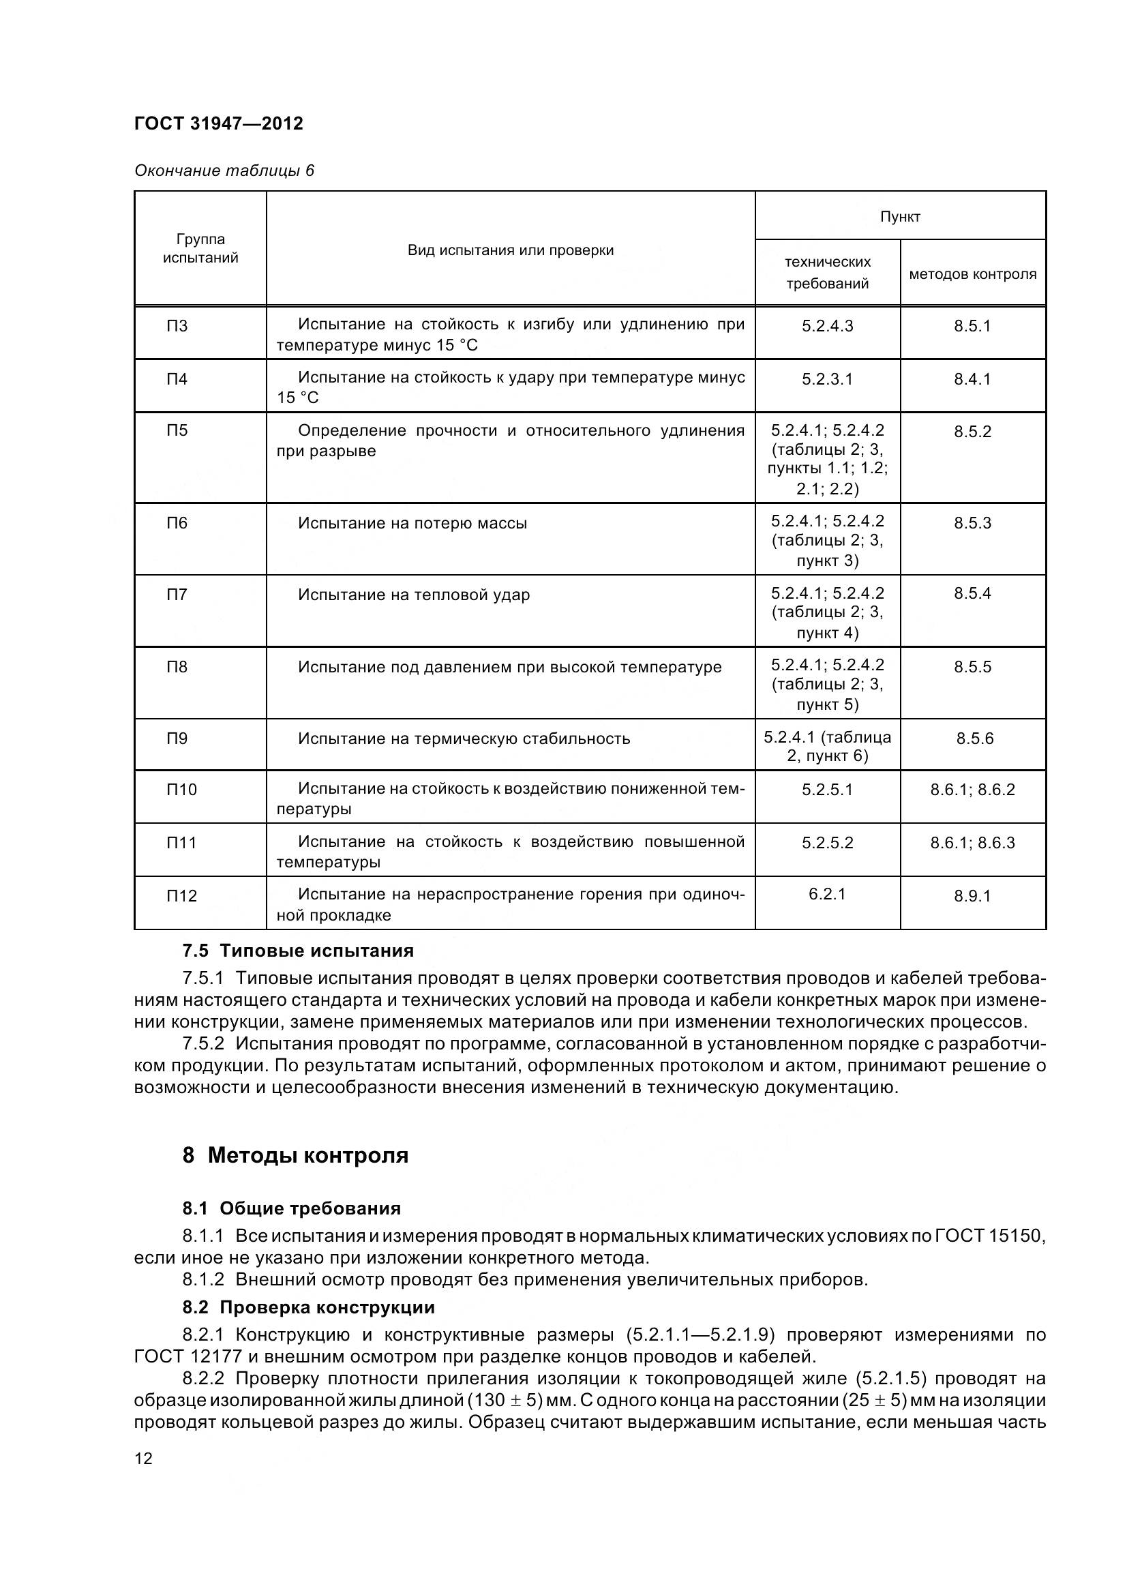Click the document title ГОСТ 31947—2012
pos(218,123)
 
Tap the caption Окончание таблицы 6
pos(224,171)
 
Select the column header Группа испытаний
pos(200,249)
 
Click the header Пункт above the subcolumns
pos(900,217)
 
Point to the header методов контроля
pos(972,274)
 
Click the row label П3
pos(177,326)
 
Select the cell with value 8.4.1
pos(972,379)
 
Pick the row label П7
pos(177,595)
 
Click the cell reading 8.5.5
pos(972,667)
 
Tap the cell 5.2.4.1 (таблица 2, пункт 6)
pos(827,746)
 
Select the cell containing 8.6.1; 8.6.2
pos(972,790)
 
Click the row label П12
pos(181,896)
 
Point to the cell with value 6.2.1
pos(827,894)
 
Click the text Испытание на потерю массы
pos(412,523)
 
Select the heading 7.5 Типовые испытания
pos(298,951)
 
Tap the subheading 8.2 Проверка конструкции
pos(308,1307)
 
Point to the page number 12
pos(143,1458)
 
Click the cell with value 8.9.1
pos(972,896)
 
